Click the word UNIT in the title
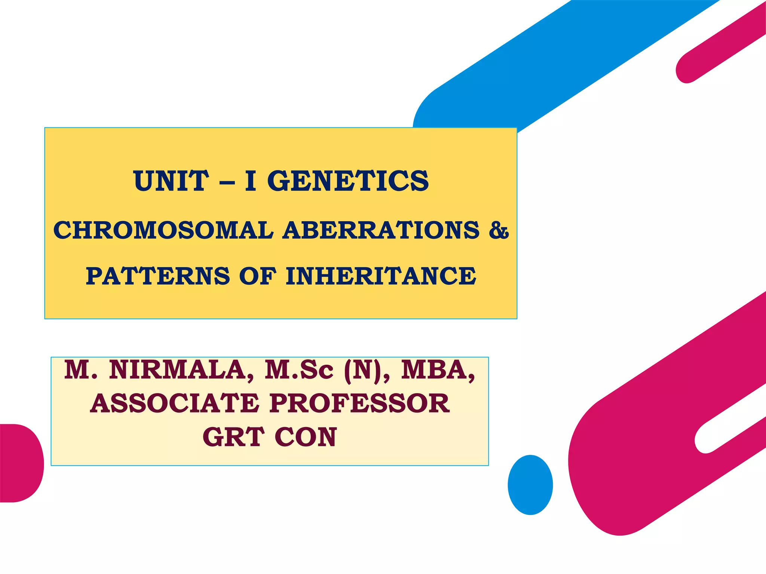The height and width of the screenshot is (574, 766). click(x=171, y=181)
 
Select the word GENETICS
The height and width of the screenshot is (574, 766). click(x=348, y=181)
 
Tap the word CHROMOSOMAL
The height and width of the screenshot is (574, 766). click(x=163, y=230)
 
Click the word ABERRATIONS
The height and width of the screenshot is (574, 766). click(x=381, y=230)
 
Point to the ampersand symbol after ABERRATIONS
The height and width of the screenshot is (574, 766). click(x=499, y=230)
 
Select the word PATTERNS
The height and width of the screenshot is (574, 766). click(x=157, y=277)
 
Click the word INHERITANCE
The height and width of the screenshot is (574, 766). click(x=381, y=277)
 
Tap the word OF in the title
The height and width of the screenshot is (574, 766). click(x=258, y=277)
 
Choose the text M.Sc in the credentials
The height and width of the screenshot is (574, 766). click(x=298, y=370)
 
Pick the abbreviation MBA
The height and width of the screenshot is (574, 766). click(x=438, y=370)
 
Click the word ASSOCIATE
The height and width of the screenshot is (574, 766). click(x=175, y=404)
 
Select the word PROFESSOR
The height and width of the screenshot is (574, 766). click(x=359, y=404)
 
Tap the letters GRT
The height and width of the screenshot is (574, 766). click(x=233, y=437)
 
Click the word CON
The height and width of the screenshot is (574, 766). click(x=306, y=437)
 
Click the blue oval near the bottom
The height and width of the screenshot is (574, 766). click(x=530, y=485)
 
